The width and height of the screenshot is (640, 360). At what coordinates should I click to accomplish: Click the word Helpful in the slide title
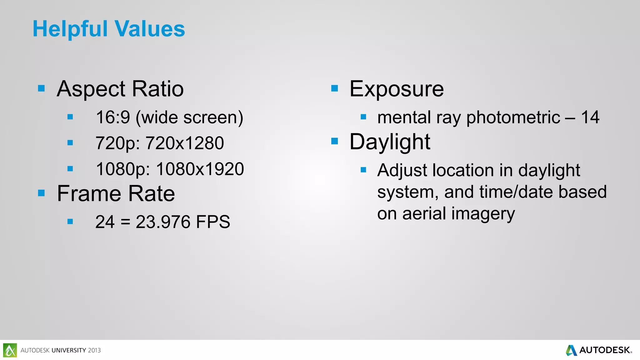[x=70, y=29]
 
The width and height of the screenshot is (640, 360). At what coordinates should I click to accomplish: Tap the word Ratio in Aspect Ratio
[x=157, y=89]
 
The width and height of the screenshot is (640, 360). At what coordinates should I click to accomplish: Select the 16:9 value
[x=112, y=117]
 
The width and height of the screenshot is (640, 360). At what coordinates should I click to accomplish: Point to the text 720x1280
[x=185, y=143]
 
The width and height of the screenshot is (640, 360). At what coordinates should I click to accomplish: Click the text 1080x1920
[x=200, y=169]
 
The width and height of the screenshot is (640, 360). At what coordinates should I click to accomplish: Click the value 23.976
[x=163, y=222]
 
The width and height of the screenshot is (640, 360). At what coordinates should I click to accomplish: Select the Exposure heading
[x=396, y=89]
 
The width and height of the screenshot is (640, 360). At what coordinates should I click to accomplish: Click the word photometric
[x=513, y=117]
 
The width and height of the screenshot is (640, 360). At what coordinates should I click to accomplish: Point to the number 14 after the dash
[x=590, y=117]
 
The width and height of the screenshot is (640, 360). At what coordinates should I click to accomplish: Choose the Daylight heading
[x=390, y=142]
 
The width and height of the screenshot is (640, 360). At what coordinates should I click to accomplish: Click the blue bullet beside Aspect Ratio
[x=41, y=88]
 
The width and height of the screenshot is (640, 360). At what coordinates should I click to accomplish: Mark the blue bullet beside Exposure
[x=334, y=88]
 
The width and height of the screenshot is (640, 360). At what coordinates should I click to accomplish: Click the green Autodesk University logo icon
[x=10, y=350]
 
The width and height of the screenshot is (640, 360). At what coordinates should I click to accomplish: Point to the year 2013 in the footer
[x=94, y=350]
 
